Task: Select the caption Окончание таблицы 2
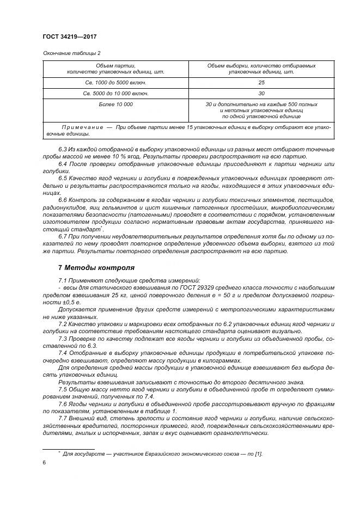pyautogui.click(x=71, y=53)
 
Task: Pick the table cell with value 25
pyautogui.click(x=261, y=82)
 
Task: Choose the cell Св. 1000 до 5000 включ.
pyautogui.click(x=115, y=82)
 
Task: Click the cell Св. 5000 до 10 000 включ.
pyautogui.click(x=115, y=93)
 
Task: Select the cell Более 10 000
pyautogui.click(x=115, y=103)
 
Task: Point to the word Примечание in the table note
pyautogui.click(x=82, y=127)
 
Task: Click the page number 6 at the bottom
pyautogui.click(x=44, y=462)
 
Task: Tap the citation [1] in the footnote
pyautogui.click(x=258, y=453)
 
